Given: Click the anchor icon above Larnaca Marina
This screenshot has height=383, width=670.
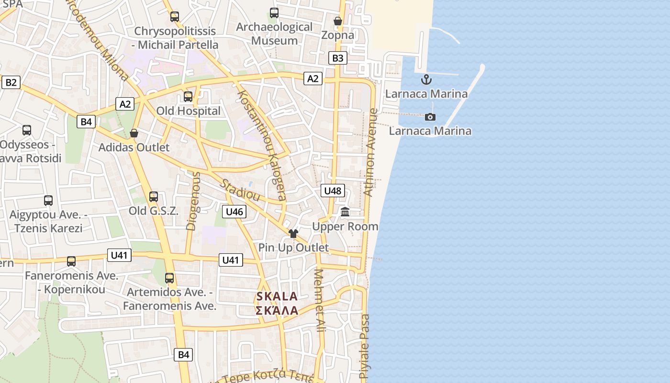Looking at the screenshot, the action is click(x=426, y=79).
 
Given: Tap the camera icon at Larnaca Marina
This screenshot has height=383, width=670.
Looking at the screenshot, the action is click(x=430, y=117).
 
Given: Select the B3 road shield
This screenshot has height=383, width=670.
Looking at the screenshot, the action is click(x=337, y=58).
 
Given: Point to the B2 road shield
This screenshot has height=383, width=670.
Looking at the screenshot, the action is click(x=11, y=82).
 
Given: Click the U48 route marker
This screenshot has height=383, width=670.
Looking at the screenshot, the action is click(x=332, y=191).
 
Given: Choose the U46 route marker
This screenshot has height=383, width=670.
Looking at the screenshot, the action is click(x=234, y=211).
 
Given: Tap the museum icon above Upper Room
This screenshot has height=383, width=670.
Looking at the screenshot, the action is click(x=345, y=212).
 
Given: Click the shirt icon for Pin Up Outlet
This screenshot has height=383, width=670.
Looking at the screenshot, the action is click(x=293, y=233).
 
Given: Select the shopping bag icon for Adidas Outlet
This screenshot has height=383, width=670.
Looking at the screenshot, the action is click(x=134, y=133).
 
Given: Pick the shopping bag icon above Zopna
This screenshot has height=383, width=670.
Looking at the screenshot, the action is click(x=338, y=21).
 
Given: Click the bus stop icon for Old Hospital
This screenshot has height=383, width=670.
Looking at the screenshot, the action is click(x=188, y=97).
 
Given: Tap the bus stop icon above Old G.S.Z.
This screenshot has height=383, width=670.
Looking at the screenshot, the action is click(x=153, y=196).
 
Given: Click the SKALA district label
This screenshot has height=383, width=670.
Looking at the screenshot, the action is click(x=277, y=296).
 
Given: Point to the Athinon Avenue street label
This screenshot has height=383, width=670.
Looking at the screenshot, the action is click(x=371, y=152).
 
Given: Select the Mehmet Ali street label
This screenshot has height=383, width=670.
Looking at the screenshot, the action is click(x=319, y=301).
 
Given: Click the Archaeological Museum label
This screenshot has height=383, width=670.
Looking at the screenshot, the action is click(x=274, y=34).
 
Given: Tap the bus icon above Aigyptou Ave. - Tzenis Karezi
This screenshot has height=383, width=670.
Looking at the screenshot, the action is click(x=48, y=200).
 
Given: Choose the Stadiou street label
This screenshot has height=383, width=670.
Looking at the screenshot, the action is click(x=240, y=190).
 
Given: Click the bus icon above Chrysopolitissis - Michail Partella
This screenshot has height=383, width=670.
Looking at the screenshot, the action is click(x=175, y=17).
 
